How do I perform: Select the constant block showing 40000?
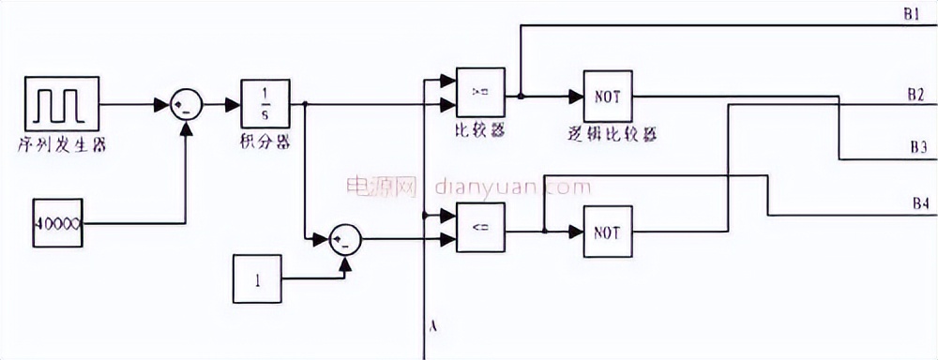point(59,223)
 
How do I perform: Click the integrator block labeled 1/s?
point(266,103)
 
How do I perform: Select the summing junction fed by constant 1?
point(345,240)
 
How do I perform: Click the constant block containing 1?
point(256,279)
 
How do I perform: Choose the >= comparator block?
point(480,94)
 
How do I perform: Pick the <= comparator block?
point(479,228)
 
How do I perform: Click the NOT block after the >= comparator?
point(609,96)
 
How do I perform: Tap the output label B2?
point(915,95)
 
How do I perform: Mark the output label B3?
point(917,147)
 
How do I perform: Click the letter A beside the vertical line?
point(433,326)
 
